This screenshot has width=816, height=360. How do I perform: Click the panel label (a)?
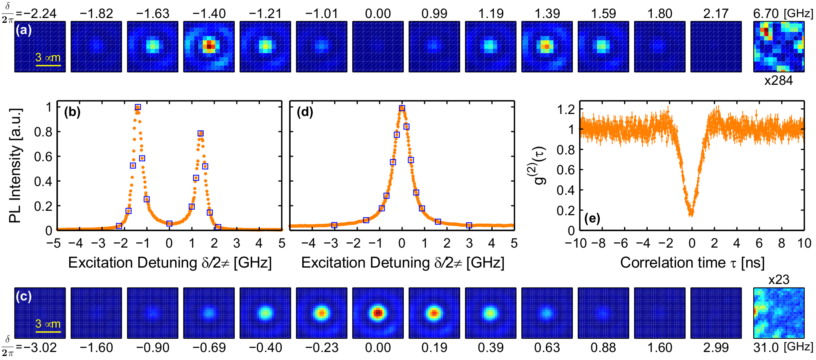23,30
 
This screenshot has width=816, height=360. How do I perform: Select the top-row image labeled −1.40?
209,46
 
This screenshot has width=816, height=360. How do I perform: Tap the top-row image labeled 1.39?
547,46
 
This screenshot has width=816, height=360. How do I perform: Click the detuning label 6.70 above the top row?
766,14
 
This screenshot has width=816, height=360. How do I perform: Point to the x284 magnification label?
778,80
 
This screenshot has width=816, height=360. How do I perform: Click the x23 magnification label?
778,279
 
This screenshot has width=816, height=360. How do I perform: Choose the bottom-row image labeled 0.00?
378,313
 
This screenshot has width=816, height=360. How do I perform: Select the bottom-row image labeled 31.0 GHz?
778,313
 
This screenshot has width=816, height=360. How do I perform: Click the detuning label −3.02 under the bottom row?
40,348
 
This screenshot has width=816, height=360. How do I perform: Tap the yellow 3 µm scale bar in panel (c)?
48,332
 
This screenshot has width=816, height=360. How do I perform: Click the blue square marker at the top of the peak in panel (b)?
138,107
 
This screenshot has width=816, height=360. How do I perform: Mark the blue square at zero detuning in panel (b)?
170,224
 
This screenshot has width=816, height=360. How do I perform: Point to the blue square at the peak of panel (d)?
402,108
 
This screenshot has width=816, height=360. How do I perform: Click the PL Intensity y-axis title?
15,165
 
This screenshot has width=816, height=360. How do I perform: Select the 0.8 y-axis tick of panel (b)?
43,132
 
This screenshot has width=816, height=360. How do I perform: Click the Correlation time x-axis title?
692,263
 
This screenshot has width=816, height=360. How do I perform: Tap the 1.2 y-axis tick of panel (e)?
566,109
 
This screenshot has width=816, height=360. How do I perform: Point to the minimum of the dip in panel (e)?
691,214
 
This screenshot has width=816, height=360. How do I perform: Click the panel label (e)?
592,218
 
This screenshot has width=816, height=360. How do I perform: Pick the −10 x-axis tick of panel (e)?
576,243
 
